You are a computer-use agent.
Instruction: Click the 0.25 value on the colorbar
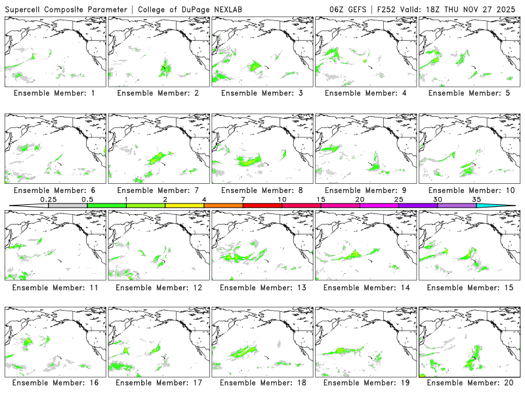pos(48,199)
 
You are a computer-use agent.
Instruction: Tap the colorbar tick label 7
pos(243,199)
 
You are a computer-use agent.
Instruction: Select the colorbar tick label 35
pos(476,199)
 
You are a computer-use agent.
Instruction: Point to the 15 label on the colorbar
pos(320,199)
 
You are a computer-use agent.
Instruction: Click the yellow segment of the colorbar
pos(184,206)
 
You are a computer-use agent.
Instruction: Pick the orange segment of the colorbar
pos(223,206)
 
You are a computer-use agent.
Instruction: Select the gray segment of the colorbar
pos(68,206)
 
